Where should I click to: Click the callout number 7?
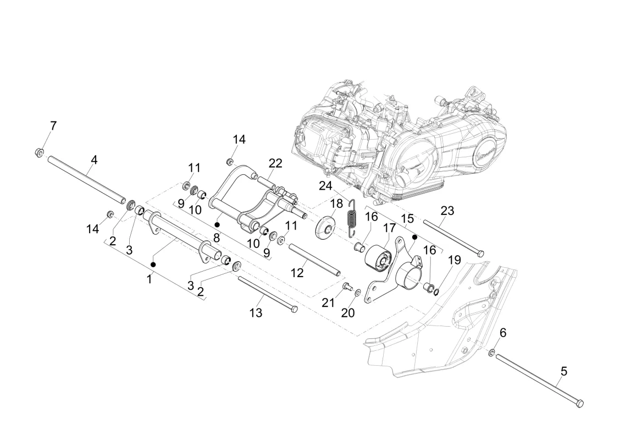point(53,126)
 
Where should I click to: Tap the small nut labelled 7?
point(40,152)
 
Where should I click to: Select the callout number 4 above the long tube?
point(93,160)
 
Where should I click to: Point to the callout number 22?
point(275,163)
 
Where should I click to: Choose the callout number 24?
point(326,185)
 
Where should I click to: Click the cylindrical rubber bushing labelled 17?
point(378,258)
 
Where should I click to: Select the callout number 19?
point(455,260)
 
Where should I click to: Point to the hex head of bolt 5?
point(580,404)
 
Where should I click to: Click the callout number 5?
point(564,372)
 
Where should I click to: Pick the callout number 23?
point(447,211)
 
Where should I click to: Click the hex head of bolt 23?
point(480,253)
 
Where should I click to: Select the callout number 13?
point(256,313)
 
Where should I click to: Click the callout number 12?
point(297,273)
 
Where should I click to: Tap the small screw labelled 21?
point(346,286)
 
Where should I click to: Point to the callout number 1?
point(149,279)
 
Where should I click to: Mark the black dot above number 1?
point(153,264)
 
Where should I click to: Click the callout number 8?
point(217,238)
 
